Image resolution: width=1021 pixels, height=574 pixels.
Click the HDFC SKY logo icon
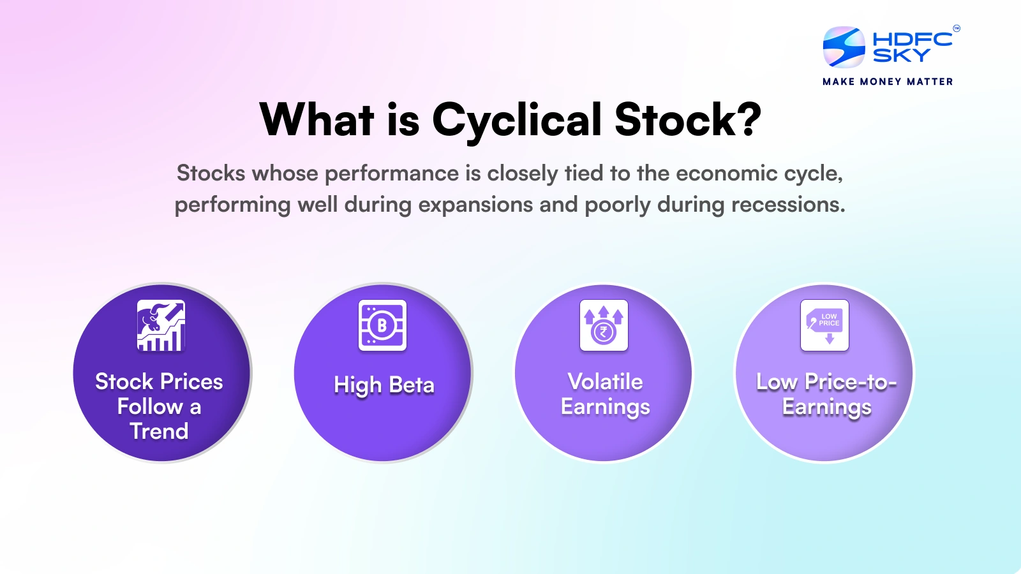(844, 47)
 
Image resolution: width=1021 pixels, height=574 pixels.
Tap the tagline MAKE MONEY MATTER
(888, 82)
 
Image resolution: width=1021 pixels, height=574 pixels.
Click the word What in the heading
(317, 120)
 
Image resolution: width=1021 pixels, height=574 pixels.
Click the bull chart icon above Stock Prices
(161, 325)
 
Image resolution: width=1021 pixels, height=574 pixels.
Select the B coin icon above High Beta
(382, 325)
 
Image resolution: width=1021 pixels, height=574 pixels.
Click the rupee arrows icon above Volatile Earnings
(604, 325)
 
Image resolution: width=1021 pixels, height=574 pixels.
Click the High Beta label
(384, 385)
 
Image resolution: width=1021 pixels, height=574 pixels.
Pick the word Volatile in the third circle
(605, 381)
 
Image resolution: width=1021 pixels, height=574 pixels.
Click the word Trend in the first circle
(159, 432)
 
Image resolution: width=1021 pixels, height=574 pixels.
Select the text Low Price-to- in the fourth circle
(826, 381)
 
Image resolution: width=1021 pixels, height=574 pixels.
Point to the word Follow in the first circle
(150, 407)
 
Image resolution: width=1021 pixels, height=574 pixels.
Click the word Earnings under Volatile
(605, 407)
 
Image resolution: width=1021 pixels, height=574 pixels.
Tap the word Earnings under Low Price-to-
(826, 407)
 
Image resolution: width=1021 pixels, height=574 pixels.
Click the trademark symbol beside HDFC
(956, 28)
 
